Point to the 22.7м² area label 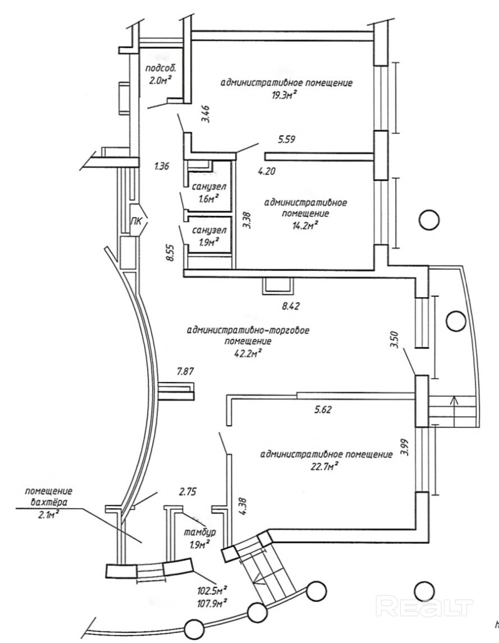coord(325,466)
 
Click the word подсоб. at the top coord(161,68)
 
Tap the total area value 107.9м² coord(212,603)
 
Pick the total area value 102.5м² coord(212,591)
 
